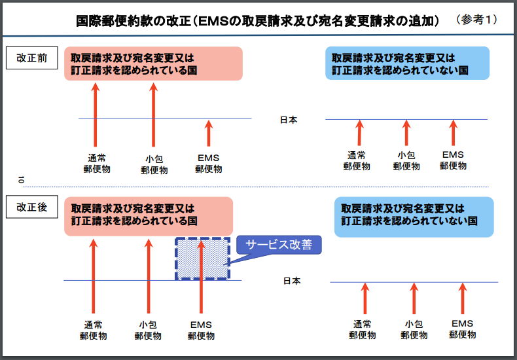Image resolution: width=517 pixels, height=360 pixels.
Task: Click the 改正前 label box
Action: (x=31, y=58)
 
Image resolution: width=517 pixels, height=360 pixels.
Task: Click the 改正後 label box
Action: (x=31, y=207)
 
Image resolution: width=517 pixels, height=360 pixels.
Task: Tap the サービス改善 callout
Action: (x=279, y=245)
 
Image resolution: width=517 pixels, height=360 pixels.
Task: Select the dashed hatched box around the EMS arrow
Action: (x=202, y=259)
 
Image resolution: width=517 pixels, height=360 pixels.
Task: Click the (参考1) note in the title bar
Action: (x=477, y=20)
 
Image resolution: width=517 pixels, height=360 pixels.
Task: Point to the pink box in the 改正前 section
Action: (x=153, y=63)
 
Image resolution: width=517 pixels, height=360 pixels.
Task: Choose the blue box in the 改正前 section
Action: (x=407, y=63)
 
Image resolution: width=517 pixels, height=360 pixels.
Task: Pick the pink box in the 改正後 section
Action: (x=149, y=216)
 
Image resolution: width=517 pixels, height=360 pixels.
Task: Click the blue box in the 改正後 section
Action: (x=414, y=217)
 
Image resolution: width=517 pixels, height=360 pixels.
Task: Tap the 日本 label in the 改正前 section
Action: (x=289, y=120)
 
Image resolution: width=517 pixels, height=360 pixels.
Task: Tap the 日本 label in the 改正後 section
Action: (x=292, y=281)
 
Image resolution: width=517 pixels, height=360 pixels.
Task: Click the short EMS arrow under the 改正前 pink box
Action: (x=208, y=133)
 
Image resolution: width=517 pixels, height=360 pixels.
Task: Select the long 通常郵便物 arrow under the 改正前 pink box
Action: (x=96, y=115)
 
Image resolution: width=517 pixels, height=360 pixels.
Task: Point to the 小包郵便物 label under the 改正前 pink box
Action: (x=154, y=165)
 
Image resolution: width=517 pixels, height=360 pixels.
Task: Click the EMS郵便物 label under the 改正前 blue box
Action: (x=453, y=160)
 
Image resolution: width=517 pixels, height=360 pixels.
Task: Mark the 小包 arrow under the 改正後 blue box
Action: (x=414, y=298)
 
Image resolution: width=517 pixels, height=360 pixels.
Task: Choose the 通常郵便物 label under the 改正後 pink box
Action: (x=94, y=331)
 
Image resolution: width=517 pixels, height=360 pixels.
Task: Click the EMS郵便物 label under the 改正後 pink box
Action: (x=201, y=331)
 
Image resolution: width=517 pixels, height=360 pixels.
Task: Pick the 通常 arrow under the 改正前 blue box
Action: (x=359, y=132)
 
